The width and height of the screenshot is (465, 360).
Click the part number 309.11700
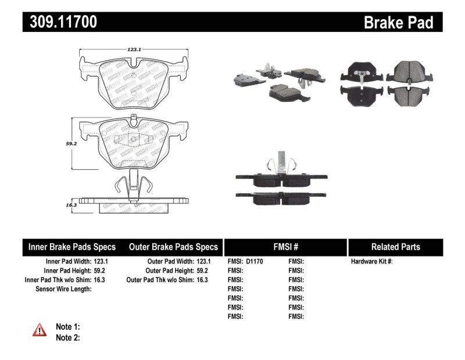click(60, 23)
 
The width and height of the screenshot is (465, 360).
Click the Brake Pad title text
click(398, 23)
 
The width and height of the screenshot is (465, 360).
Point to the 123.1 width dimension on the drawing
click(135, 51)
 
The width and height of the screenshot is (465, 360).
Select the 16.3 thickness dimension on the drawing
click(71, 205)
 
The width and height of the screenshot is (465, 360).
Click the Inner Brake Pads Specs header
click(72, 247)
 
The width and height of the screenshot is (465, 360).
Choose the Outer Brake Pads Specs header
click(173, 247)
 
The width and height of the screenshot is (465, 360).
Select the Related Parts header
click(395, 247)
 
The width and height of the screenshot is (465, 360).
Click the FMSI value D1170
click(255, 262)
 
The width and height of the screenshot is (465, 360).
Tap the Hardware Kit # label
click(371, 262)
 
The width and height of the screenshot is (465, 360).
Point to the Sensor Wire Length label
click(63, 288)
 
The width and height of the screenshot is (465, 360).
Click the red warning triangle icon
click(40, 330)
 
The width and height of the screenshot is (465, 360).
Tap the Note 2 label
click(67, 337)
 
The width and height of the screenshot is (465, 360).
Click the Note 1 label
click(67, 327)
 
